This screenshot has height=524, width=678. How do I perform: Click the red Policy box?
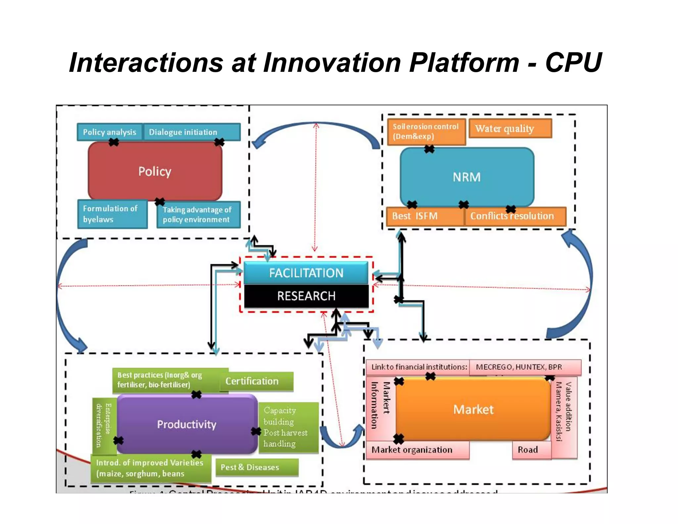pyautogui.click(x=155, y=171)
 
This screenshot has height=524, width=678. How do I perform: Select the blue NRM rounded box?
pyautogui.click(x=467, y=177)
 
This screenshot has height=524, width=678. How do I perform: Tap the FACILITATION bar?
pyautogui.click(x=306, y=273)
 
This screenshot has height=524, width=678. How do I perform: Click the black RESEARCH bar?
pyautogui.click(x=306, y=296)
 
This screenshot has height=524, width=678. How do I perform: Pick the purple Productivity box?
pyautogui.click(x=187, y=424)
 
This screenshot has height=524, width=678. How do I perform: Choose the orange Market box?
pyautogui.click(x=473, y=410)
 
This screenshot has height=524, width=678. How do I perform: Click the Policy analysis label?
pyautogui.click(x=110, y=132)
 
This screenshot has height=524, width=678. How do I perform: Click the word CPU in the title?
pyautogui.click(x=573, y=63)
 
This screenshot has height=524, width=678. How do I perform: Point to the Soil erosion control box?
pyautogui.click(x=426, y=131)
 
